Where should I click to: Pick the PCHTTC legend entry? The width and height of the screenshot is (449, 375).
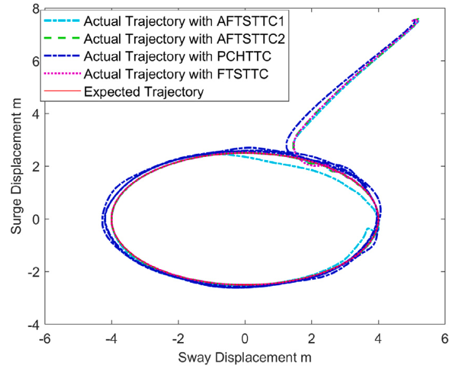coord(180,59)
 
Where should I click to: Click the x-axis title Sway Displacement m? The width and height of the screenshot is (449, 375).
coord(244,358)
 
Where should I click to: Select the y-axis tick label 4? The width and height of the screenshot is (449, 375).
coord(35,114)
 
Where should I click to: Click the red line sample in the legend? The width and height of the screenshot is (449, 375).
coord(62,92)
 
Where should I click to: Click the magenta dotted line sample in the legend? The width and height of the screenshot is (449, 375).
coord(62,75)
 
